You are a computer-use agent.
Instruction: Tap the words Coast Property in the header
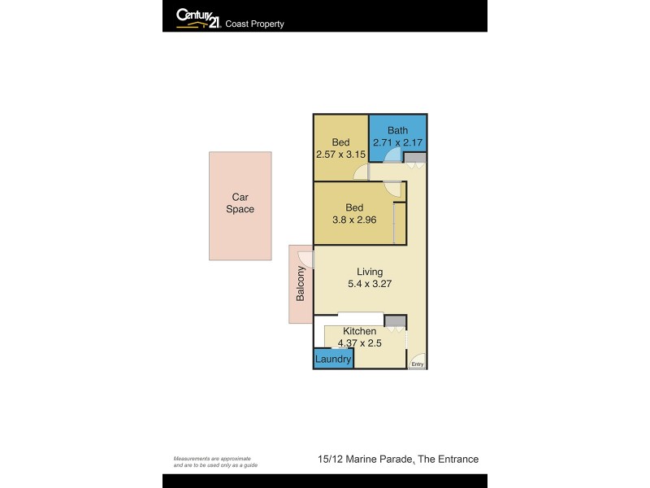[x=254, y=24]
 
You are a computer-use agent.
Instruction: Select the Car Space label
[x=240, y=203]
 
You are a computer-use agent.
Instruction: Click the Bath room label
[x=397, y=130]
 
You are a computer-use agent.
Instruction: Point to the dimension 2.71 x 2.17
[x=397, y=143]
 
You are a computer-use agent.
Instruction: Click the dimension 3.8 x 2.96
[x=354, y=220]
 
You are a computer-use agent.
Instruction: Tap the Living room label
[x=370, y=272]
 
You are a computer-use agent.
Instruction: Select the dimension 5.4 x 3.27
[x=370, y=284]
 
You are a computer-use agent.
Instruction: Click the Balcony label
[x=301, y=284]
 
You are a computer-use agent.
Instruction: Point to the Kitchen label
[x=359, y=331]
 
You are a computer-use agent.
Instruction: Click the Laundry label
[x=333, y=359]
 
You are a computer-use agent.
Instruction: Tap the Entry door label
[x=417, y=364]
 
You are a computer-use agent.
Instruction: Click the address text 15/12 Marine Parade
[x=365, y=460]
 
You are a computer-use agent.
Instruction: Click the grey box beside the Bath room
[x=415, y=158]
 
